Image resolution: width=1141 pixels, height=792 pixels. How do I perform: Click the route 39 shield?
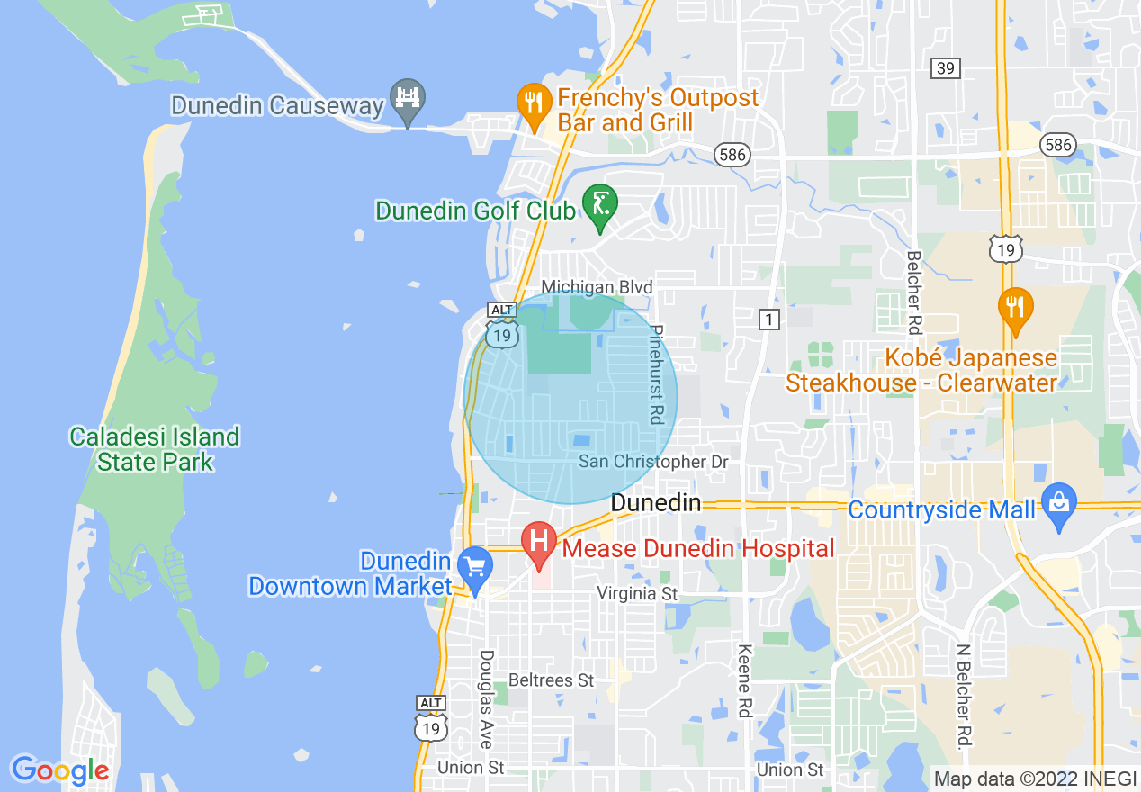click(946, 68)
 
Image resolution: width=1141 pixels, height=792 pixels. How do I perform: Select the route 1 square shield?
click(768, 319)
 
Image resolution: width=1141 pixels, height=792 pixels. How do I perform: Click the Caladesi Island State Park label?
click(155, 449)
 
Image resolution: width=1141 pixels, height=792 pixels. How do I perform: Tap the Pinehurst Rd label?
click(656, 374)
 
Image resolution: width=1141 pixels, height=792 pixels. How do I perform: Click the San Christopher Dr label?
click(652, 462)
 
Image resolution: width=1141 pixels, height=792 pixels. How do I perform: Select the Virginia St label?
click(637, 594)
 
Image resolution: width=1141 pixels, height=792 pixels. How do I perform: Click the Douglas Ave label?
click(487, 698)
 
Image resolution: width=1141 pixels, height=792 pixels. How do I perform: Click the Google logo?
click(60, 770)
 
